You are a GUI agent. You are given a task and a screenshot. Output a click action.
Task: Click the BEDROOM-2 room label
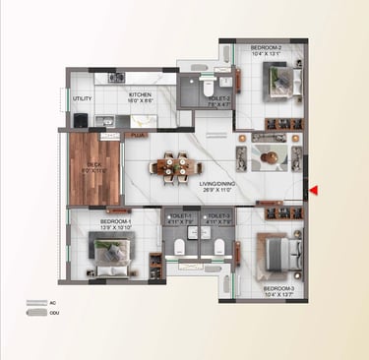pyautogui.click(x=266, y=47)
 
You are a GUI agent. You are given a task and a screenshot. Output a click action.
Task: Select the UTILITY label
pyautogui.click(x=82, y=98)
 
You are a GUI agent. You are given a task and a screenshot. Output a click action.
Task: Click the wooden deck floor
pyautogui.click(x=92, y=169)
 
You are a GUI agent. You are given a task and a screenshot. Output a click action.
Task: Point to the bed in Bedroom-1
pyautogui.click(x=107, y=253)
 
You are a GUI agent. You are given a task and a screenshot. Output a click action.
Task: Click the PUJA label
pyautogui.click(x=138, y=134)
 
